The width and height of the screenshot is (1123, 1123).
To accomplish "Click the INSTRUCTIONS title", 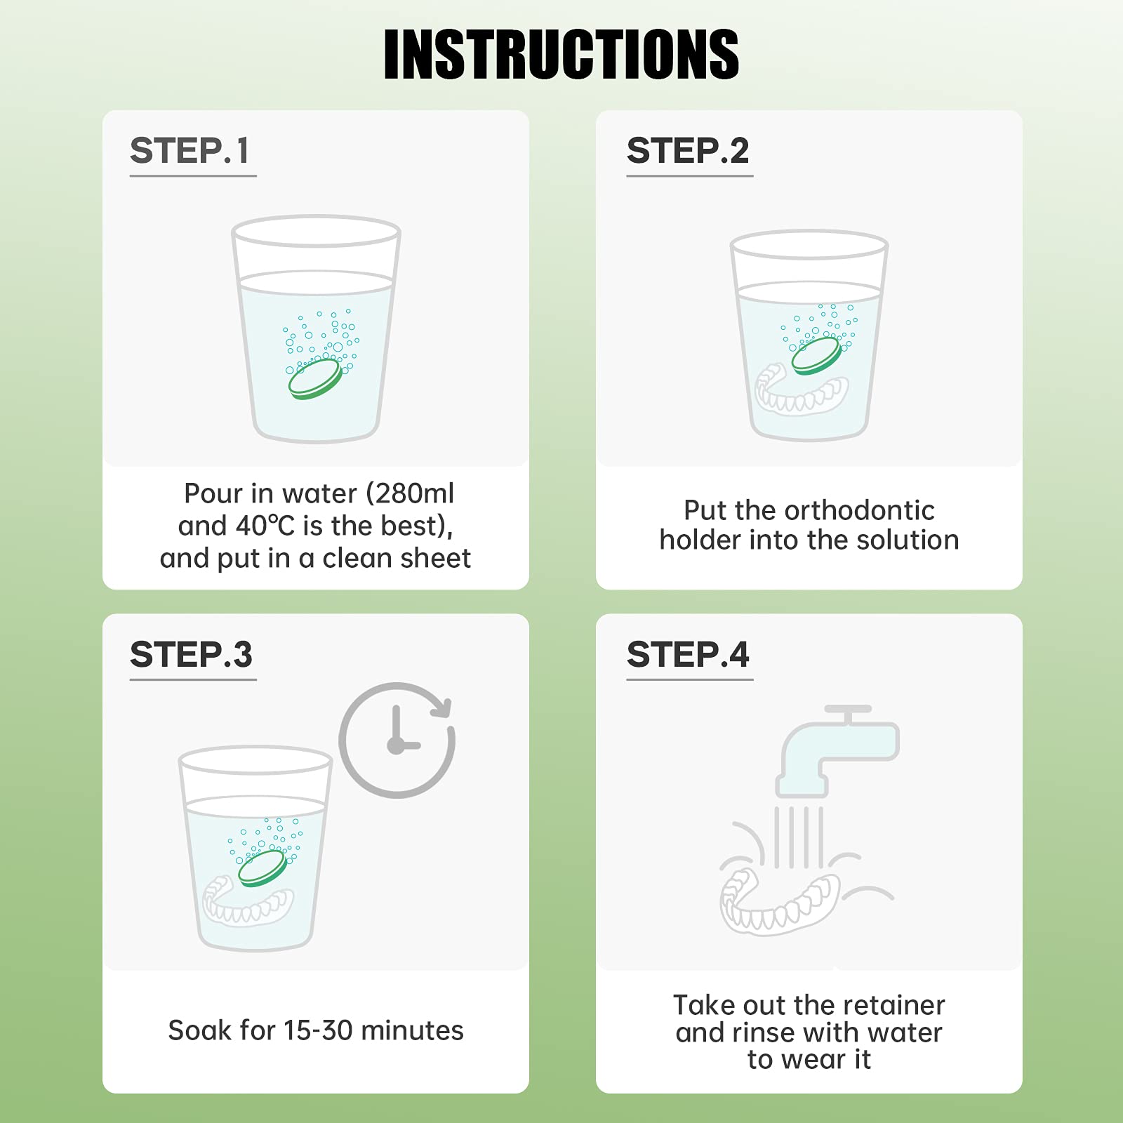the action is (x=561, y=55).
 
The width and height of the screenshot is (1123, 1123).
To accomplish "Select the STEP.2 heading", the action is (x=688, y=151).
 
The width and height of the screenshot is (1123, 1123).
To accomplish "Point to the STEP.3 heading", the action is (x=191, y=655).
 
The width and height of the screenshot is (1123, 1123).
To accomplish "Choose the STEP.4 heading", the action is (x=688, y=655).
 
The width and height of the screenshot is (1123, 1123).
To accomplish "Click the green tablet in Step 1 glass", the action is (x=316, y=380).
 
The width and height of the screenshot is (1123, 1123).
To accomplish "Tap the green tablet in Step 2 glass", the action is (x=816, y=356).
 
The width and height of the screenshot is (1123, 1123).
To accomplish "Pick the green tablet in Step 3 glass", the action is (x=263, y=868).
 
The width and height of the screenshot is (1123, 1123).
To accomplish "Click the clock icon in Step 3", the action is (x=397, y=740).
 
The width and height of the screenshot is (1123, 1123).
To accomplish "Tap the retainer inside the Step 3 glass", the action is (x=248, y=902).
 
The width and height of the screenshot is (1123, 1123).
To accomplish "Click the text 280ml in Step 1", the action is (x=414, y=493).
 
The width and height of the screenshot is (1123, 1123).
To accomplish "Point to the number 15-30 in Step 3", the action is (x=318, y=1030).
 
